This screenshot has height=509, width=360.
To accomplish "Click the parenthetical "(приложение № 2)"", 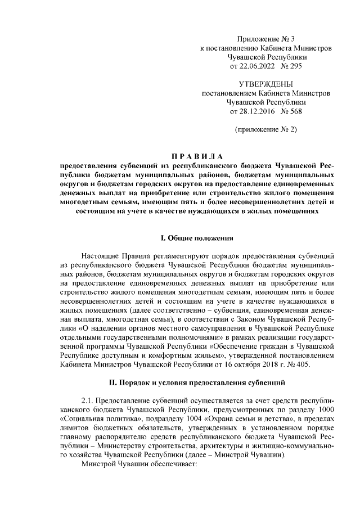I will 265,130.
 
